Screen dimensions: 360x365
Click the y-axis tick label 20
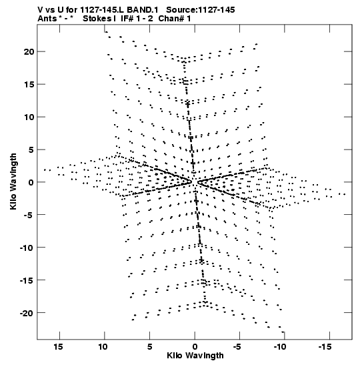coord(29,51)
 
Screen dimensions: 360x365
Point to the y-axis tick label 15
coord(29,85)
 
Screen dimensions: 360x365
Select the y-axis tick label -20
coord(27,313)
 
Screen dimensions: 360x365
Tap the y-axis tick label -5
coord(29,215)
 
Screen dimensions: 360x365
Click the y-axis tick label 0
coord(31,182)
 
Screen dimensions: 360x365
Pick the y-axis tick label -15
coord(27,280)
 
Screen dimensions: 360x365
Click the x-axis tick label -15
coord(325,347)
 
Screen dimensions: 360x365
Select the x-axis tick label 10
coord(103,347)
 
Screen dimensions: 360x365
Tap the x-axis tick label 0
coord(195,347)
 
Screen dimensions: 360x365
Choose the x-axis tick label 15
coord(58,347)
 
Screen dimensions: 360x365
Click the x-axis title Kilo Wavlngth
coord(195,356)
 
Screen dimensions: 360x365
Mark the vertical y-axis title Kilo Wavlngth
coord(13,181)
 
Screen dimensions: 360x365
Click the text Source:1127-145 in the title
coord(201,10)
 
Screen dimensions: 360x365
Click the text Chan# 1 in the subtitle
coord(175,19)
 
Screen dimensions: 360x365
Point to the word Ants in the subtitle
coord(47,19)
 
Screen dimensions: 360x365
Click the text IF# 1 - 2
coord(137,19)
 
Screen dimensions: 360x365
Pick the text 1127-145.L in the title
coord(102,10)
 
